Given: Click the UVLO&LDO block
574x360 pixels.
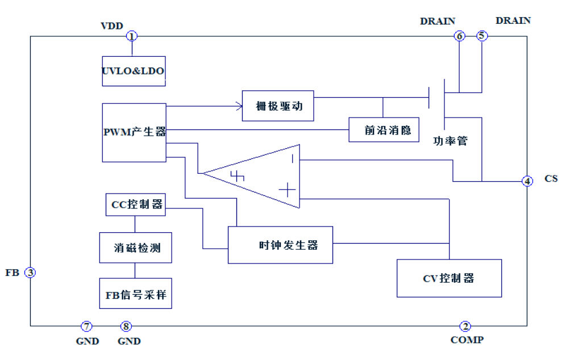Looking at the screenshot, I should tap(134, 72).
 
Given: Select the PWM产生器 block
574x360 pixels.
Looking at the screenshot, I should tap(134, 132).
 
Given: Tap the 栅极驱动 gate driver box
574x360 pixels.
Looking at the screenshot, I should tap(278, 106).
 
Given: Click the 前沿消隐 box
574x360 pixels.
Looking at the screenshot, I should tap(384, 129).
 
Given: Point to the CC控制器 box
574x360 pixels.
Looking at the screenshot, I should tap(136, 204).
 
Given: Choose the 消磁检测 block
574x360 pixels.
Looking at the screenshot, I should tap(135, 248).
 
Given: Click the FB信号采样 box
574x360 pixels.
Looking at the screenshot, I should tap(135, 294).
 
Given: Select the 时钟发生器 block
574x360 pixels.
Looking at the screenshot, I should tap(280, 245).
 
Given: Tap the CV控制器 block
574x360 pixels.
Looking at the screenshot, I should tap(449, 278).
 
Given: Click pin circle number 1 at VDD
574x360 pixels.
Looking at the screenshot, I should tap(132, 36).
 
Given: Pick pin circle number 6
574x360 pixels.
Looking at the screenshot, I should tap(459, 36).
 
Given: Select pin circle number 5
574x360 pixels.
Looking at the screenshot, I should tap(481, 36).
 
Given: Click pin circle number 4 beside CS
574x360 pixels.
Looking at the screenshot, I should tap(528, 181).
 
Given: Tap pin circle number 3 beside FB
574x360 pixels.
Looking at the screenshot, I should tap(31, 273).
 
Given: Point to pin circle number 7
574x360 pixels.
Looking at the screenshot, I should tap(86, 326).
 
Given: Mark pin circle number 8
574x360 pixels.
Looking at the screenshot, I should tap(126, 326).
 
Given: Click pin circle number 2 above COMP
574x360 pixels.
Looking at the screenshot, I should tap(465, 326).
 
